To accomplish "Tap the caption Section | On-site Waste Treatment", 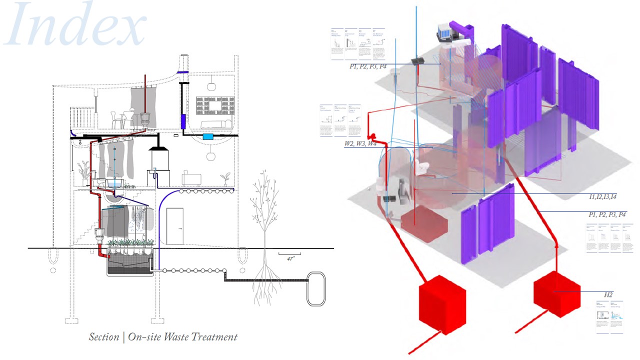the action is (163, 336).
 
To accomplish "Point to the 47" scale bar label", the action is (290, 259).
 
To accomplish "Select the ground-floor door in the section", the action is (174, 227).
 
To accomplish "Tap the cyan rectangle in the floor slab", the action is (207, 136).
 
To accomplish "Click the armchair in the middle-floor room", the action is (191, 178).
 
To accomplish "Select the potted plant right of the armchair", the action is (225, 178).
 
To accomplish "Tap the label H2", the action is (608, 295).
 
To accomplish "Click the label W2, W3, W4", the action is (360, 144).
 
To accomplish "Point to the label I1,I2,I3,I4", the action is (603, 196).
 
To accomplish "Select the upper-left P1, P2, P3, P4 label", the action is (368, 66).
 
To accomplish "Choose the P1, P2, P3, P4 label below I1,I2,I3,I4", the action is (607, 214).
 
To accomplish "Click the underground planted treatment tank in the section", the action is (130, 262).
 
